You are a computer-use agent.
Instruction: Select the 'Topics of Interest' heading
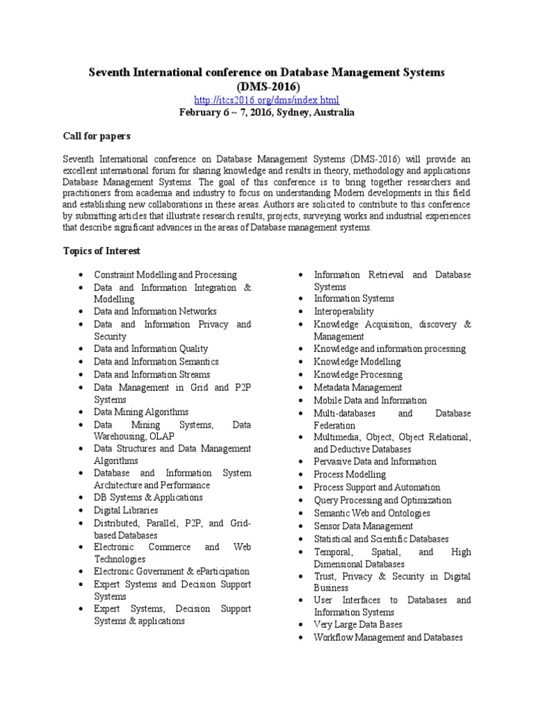(x=101, y=251)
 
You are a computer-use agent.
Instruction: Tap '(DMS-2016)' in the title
(x=268, y=87)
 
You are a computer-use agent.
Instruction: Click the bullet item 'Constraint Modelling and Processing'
(x=165, y=275)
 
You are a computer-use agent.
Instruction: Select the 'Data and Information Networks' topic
(x=155, y=312)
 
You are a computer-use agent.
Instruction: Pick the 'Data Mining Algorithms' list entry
(x=141, y=412)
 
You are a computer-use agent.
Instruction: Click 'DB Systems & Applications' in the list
(x=148, y=498)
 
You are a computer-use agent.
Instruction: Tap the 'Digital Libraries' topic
(x=126, y=510)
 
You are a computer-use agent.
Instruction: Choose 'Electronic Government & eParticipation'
(x=172, y=571)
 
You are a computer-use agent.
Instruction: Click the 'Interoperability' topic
(x=343, y=312)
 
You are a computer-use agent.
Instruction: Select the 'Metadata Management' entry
(x=357, y=387)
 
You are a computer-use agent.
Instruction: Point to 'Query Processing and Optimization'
(x=382, y=500)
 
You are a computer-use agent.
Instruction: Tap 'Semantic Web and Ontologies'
(x=371, y=513)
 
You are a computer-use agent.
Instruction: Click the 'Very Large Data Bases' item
(x=357, y=625)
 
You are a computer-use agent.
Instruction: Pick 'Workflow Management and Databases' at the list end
(x=387, y=637)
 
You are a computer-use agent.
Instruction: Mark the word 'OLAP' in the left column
(x=161, y=437)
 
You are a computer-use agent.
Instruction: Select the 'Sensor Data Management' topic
(x=363, y=526)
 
